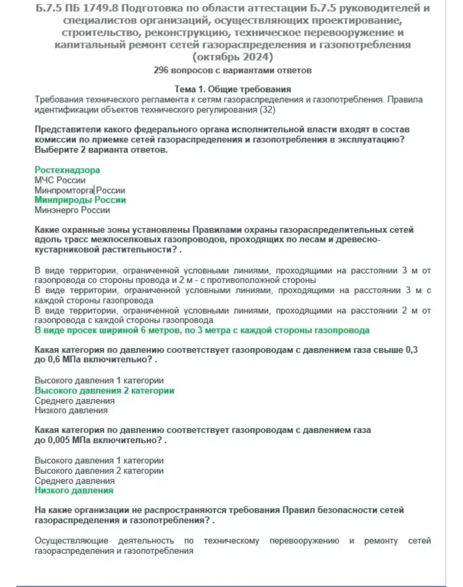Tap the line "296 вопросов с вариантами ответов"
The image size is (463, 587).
(233, 70)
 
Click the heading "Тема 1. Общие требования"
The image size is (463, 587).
(233, 89)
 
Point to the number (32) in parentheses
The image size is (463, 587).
(268, 109)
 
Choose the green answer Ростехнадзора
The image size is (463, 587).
(67, 170)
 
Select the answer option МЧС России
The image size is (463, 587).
(60, 180)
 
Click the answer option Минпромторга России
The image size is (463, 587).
(79, 190)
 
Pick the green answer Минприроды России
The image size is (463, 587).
(80, 200)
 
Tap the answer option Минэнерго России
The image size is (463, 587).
(72, 210)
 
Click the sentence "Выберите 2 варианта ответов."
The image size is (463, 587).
(101, 150)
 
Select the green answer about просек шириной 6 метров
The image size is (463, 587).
(201, 330)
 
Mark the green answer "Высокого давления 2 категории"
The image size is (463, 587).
(104, 390)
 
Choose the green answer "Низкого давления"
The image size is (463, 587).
(74, 490)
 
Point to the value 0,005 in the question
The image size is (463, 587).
(60, 440)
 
